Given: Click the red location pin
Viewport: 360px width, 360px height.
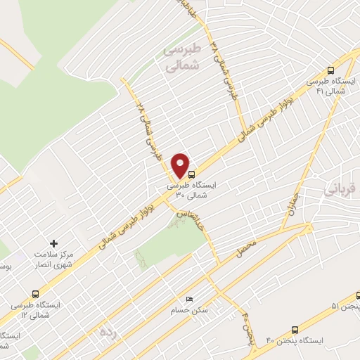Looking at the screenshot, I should [181, 165].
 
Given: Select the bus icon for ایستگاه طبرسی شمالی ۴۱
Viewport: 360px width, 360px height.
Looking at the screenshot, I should [330, 70].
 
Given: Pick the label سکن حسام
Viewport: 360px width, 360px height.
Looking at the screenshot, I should [186, 310].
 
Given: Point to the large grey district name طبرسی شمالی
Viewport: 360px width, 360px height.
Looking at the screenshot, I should [182, 58].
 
